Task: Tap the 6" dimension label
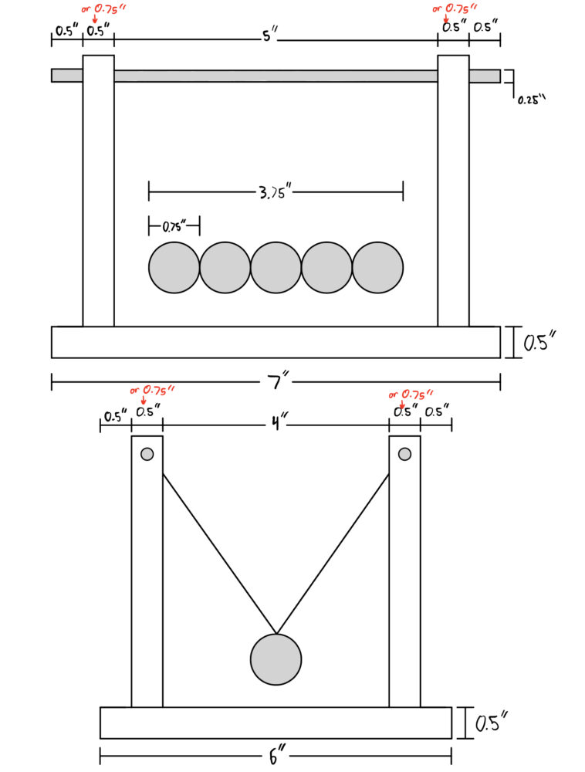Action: pos(277,756)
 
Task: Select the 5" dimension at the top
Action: pos(269,36)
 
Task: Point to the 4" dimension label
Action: pos(279,422)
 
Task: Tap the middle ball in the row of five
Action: pos(276,267)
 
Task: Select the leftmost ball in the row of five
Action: pos(174,267)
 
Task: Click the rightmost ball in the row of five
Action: pos(378,267)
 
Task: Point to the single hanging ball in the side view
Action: pos(276,659)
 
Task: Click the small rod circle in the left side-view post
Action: pos(147,454)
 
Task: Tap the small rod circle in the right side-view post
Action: pos(405,454)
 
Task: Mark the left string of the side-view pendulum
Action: pos(219,554)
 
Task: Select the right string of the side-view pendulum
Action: pos(333,554)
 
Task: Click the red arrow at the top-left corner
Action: pos(95,19)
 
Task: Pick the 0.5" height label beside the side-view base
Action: pos(491,723)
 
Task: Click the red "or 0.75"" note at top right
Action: pos(455,8)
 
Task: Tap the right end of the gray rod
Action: pos(500,76)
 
